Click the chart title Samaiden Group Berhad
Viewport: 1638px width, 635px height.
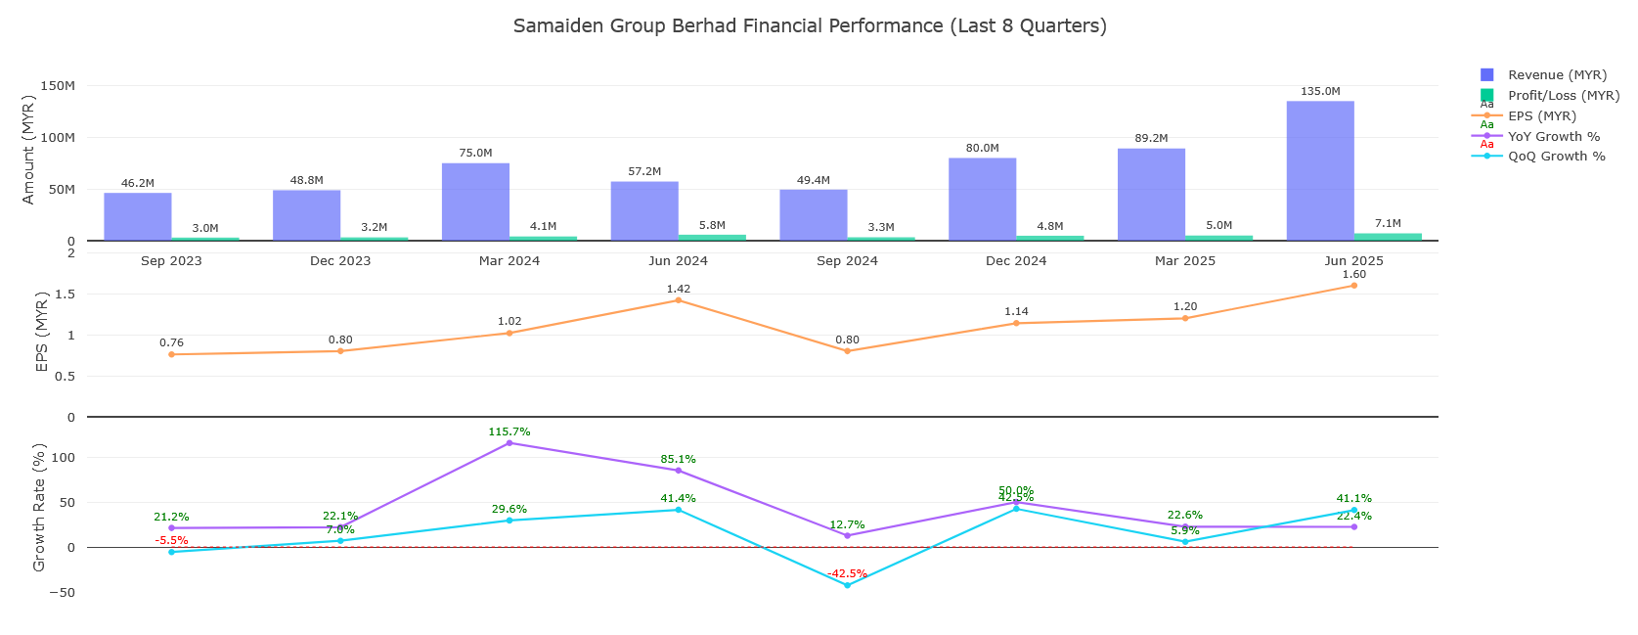pos(810,26)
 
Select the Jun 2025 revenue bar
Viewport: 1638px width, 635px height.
pos(1319,171)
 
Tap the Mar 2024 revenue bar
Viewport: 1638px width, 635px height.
pos(475,202)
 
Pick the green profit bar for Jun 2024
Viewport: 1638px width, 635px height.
pos(712,237)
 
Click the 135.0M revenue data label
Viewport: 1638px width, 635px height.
pos(1320,92)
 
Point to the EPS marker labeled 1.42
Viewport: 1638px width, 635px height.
pos(678,300)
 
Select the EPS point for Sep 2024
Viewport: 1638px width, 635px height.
pos(847,351)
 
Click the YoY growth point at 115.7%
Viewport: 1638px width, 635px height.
pos(509,443)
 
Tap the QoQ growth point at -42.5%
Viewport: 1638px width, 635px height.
pos(847,585)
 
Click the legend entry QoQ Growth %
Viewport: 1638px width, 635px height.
pos(1556,157)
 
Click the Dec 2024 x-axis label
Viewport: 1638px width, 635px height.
pos(1016,261)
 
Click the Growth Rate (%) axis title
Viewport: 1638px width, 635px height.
pos(40,508)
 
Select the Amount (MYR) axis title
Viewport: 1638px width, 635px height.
pos(28,150)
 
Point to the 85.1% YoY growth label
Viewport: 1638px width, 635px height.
pos(678,460)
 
